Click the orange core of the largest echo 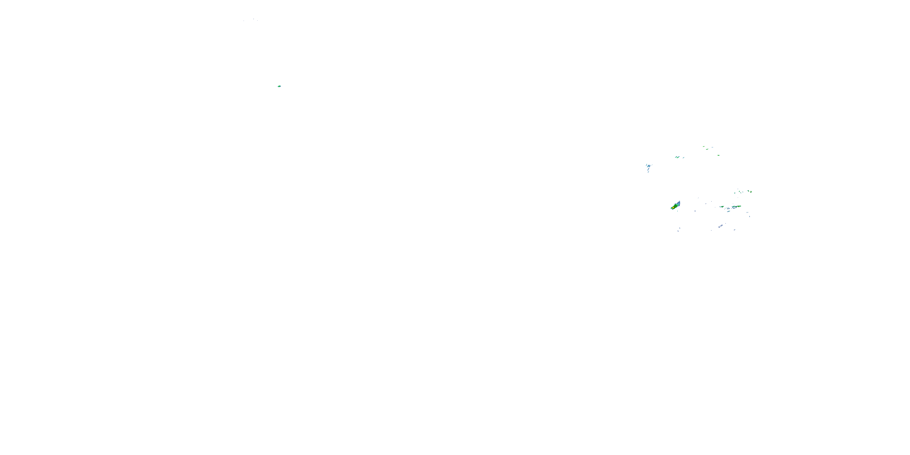[x=673, y=208]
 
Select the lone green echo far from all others [x=279, y=86]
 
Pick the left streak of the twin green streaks [x=676, y=157]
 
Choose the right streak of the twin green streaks [x=678, y=157]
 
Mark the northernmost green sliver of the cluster [x=704, y=147]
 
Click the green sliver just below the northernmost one [x=707, y=150]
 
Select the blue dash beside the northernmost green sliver [x=713, y=147]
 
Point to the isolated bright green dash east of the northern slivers [x=719, y=155]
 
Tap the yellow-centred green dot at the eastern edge [x=751, y=192]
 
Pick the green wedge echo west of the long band [x=722, y=207]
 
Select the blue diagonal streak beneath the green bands [x=729, y=212]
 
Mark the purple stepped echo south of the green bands [x=721, y=226]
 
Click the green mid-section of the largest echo [x=676, y=206]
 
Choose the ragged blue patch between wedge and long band [x=728, y=208]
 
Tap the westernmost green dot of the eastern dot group [x=735, y=193]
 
